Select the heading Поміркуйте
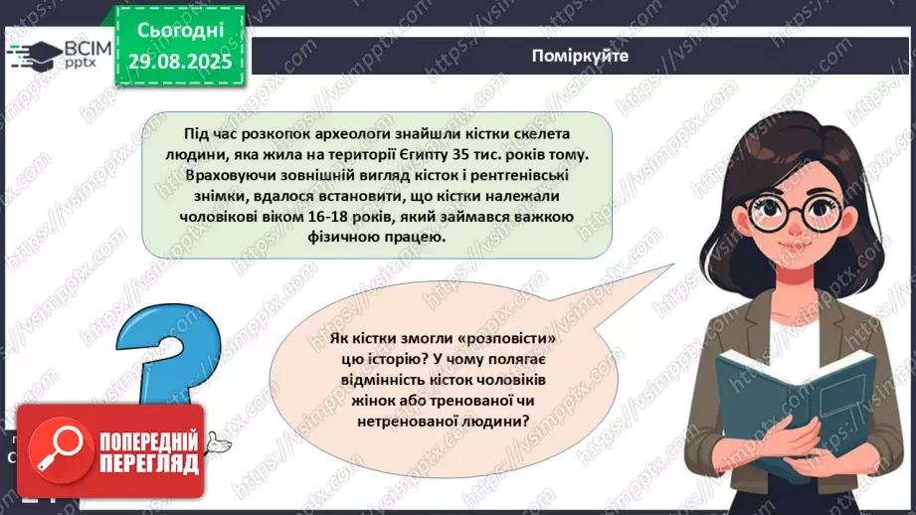coord(580,56)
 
